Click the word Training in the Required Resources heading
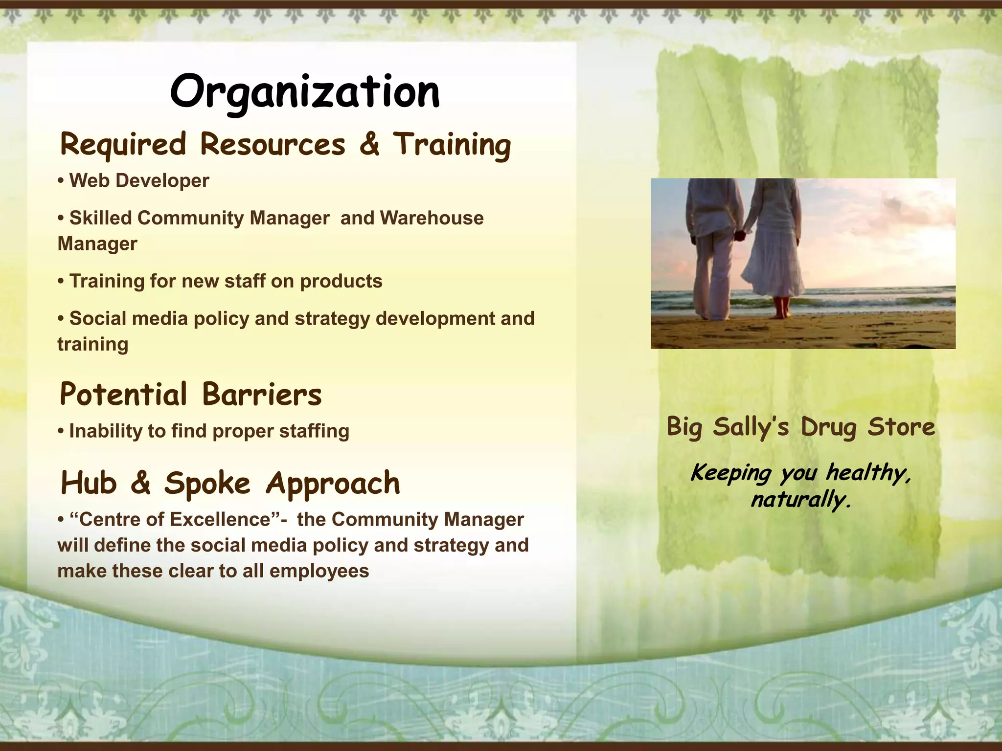pyautogui.click(x=452, y=145)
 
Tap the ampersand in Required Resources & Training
pyautogui.click(x=369, y=144)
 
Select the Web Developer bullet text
pyautogui.click(x=139, y=181)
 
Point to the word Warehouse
pyautogui.click(x=432, y=218)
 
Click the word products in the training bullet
pyautogui.click(x=341, y=281)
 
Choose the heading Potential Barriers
pyautogui.click(x=190, y=395)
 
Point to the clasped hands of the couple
pyautogui.click(x=740, y=236)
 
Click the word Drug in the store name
pyautogui.click(x=828, y=427)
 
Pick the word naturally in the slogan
pyautogui.click(x=801, y=500)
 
